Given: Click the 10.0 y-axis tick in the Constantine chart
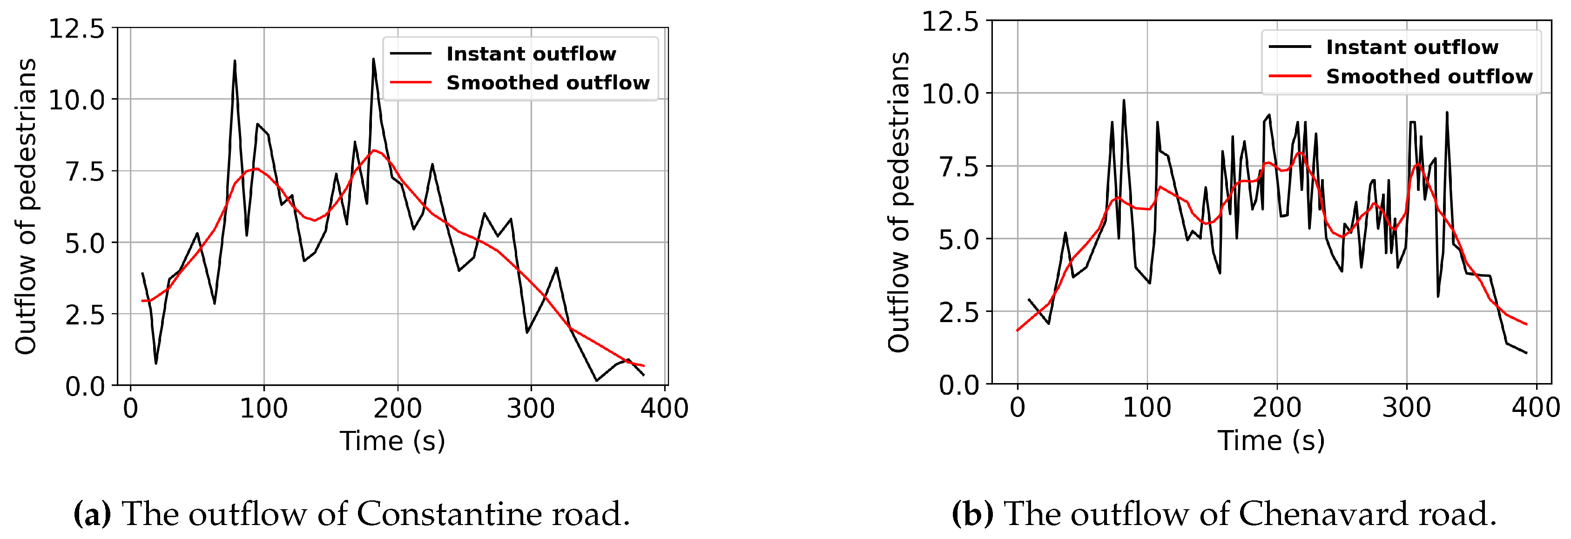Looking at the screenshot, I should pyautogui.click(x=77, y=100).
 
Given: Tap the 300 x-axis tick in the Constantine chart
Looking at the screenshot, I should pyautogui.click(x=531, y=408).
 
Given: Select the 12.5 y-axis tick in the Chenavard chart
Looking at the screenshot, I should pyautogui.click(x=950, y=22).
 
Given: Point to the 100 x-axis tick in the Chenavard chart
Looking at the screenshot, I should pyautogui.click(x=1146, y=407).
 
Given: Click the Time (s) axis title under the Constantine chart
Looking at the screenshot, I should pyautogui.click(x=392, y=441).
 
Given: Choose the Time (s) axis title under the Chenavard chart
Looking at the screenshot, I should pyautogui.click(x=1272, y=440).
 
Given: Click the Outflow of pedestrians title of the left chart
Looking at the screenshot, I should pyautogui.click(x=26, y=206).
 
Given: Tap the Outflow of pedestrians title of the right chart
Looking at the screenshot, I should pyautogui.click(x=899, y=202).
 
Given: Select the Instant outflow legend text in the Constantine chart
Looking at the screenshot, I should pyautogui.click(x=531, y=54).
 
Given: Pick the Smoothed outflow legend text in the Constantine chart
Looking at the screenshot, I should pyautogui.click(x=548, y=82).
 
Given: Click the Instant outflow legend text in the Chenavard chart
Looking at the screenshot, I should pyautogui.click(x=1412, y=47).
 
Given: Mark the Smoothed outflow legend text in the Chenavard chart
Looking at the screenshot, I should pyautogui.click(x=1429, y=76).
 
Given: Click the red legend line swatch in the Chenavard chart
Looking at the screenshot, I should pyautogui.click(x=1289, y=76).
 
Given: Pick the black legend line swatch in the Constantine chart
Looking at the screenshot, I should pyautogui.click(x=411, y=54).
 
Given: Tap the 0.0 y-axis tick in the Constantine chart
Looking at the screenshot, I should pyautogui.click(x=85, y=386).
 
